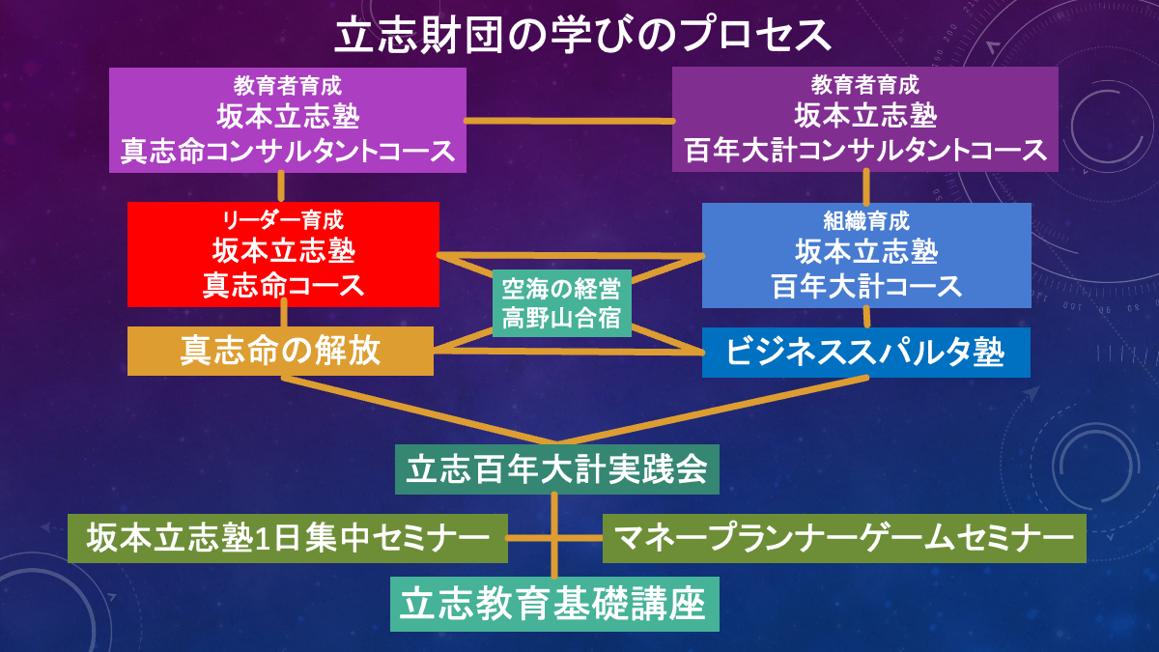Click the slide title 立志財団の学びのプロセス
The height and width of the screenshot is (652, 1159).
(582, 36)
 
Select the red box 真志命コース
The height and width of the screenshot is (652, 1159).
(283, 255)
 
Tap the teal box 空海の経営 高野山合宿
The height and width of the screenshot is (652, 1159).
(561, 303)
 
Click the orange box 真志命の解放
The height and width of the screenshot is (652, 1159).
(280, 351)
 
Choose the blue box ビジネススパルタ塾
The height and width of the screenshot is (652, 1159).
(865, 353)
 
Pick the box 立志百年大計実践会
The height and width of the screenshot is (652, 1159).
(556, 469)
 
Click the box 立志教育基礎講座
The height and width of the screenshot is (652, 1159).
(554, 604)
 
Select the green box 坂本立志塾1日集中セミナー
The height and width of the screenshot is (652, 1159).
(287, 538)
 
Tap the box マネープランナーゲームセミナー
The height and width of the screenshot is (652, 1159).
(844, 538)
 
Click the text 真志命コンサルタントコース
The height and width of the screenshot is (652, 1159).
(288, 152)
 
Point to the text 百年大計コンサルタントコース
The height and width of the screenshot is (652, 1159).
(865, 151)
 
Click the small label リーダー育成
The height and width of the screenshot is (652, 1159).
(283, 220)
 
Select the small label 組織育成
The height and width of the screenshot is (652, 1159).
(866, 221)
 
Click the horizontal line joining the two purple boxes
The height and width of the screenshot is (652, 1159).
(569, 121)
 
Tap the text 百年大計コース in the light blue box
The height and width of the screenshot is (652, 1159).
(866, 286)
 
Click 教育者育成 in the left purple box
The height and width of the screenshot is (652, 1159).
(287, 86)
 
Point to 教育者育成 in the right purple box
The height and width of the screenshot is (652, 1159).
(865, 85)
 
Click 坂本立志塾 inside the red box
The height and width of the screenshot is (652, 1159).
(284, 251)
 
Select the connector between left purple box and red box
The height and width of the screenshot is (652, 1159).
(281, 186)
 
